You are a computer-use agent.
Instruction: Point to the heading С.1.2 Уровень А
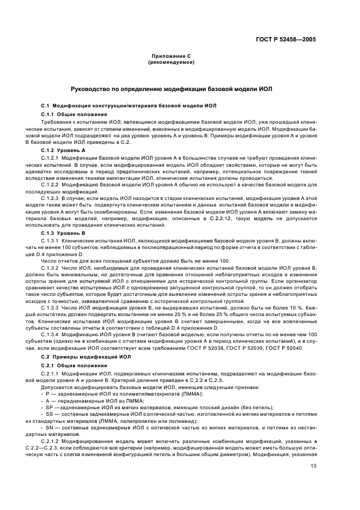[x=64, y=149]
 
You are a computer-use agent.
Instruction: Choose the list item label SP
[x=50, y=406]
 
